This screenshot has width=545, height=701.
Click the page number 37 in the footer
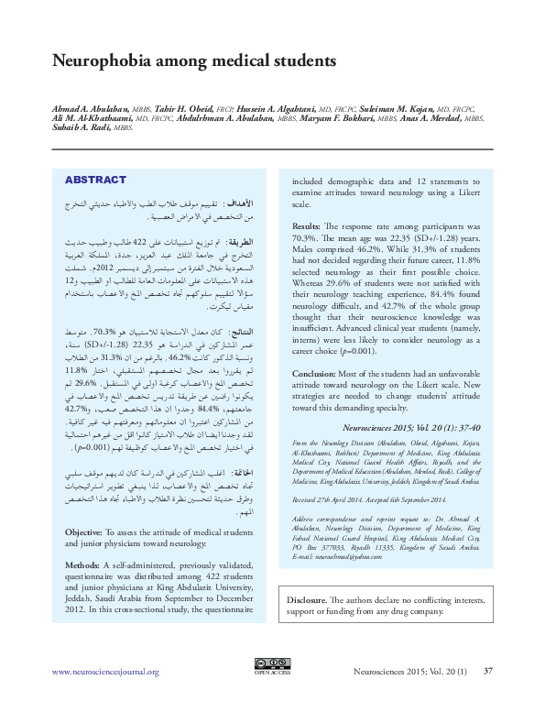pyautogui.click(x=488, y=672)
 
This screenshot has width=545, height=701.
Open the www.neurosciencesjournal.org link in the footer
pyautogui.click(x=106, y=672)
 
